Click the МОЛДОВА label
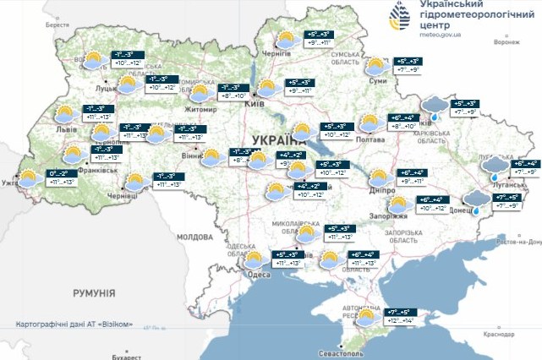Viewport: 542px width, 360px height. pos(194,237)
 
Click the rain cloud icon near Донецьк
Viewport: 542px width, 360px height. pos(479,199)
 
